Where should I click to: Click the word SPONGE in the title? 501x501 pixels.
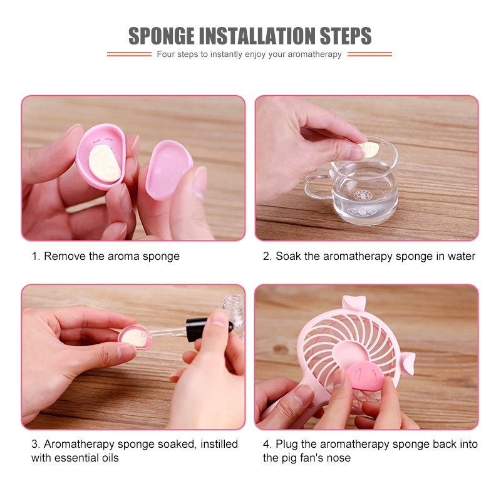click(162, 36)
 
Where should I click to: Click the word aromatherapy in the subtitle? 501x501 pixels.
click(315, 54)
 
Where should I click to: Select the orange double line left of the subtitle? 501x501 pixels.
click(129, 54)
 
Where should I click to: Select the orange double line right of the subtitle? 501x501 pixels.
click(369, 54)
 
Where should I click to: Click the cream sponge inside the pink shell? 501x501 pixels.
click(105, 163)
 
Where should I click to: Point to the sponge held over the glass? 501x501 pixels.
click(368, 149)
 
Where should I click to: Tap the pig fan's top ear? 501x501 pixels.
click(354, 302)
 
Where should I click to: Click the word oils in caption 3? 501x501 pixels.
click(110, 458)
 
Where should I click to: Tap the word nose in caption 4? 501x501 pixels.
click(339, 458)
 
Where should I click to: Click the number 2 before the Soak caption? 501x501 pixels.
click(266, 256)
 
